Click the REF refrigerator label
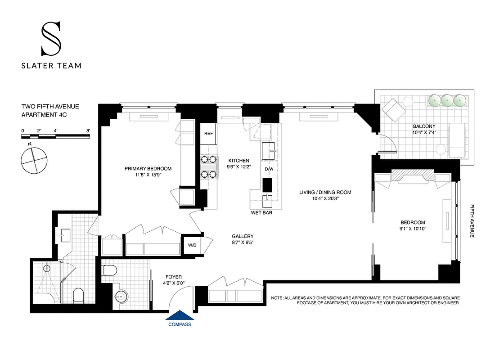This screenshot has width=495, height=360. pyautogui.click(x=208, y=134)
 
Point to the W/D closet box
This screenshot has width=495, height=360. pyautogui.click(x=192, y=245)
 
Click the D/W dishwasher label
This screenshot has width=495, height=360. pyautogui.click(x=269, y=169)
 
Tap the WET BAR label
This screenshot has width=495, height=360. pyautogui.click(x=261, y=212)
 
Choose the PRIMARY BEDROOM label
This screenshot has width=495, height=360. pyautogui.click(x=148, y=169)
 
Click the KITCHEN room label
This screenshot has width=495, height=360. pyautogui.click(x=238, y=161)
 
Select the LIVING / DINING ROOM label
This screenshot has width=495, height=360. pyautogui.click(x=325, y=192)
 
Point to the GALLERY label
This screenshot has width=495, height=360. pyautogui.click(x=243, y=236)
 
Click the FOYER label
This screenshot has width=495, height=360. pyautogui.click(x=173, y=277)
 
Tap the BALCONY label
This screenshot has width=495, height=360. pyautogui.click(x=424, y=126)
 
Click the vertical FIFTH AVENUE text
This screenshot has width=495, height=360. pyautogui.click(x=472, y=220)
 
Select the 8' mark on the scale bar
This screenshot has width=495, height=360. pyautogui.click(x=89, y=130)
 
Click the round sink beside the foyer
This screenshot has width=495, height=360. pyautogui.click(x=121, y=297)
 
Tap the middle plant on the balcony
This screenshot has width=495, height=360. pyautogui.click(x=447, y=100)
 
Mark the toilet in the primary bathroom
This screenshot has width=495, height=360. pyautogui.click(x=78, y=295)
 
